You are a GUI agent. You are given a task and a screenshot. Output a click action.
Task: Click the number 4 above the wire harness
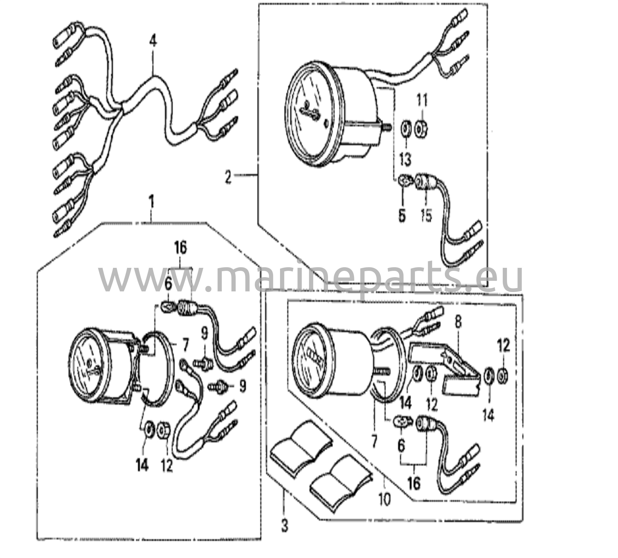[153, 45]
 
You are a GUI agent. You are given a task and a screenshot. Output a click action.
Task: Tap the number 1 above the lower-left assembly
[151, 202]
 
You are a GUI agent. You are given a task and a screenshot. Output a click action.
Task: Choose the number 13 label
[405, 159]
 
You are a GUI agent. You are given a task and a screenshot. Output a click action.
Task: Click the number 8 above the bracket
[458, 322]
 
